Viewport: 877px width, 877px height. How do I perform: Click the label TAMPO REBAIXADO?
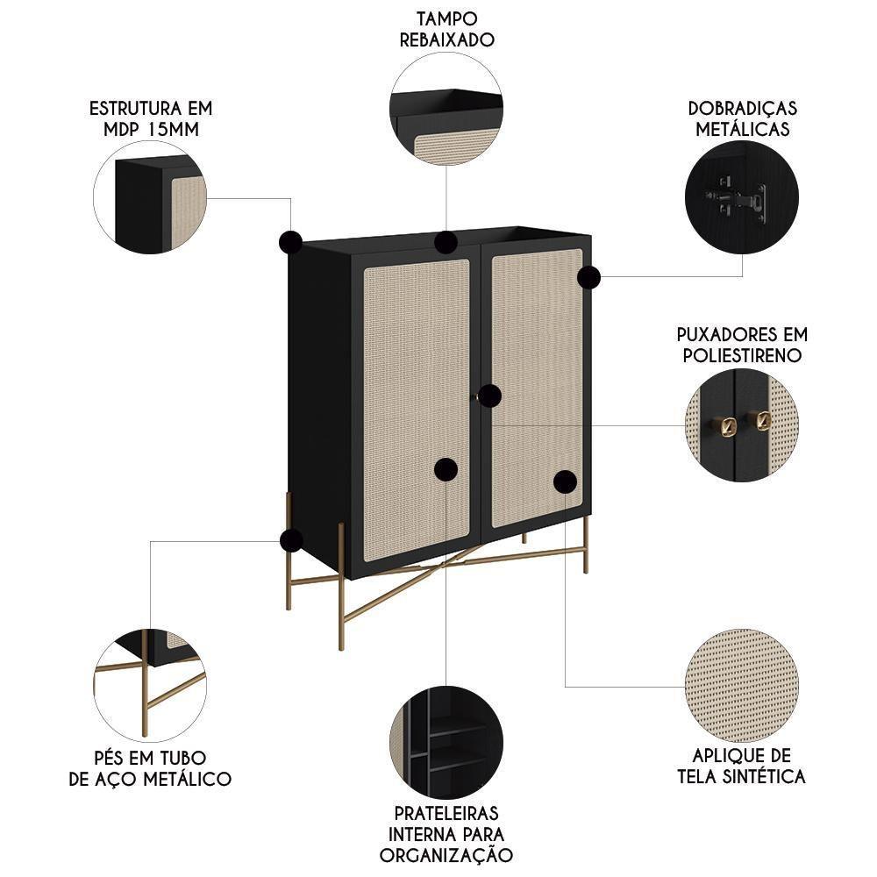tap(446, 29)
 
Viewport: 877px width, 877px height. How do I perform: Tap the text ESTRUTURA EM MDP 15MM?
tap(151, 118)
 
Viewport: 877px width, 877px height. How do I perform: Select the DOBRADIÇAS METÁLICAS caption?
tap(743, 118)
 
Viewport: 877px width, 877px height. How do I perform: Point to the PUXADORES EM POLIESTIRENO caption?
tap(742, 345)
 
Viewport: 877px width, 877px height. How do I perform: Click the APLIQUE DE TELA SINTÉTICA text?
tap(742, 766)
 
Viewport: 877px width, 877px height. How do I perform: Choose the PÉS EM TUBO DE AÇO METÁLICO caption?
tap(150, 767)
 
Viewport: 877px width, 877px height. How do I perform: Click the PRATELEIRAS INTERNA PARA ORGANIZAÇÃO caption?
tap(446, 833)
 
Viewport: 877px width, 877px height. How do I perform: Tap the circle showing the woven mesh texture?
tap(742, 683)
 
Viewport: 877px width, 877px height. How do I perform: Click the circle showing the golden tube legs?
tap(150, 683)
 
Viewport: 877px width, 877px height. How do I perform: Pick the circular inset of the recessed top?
tap(446, 111)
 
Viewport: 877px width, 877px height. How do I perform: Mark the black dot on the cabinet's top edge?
tap(446, 243)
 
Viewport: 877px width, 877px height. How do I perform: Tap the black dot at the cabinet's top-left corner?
tap(290, 243)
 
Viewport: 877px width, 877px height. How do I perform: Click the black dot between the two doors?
tap(489, 396)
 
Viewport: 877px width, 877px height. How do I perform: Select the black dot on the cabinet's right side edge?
tap(589, 278)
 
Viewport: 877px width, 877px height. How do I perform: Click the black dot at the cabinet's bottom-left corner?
tap(291, 540)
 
